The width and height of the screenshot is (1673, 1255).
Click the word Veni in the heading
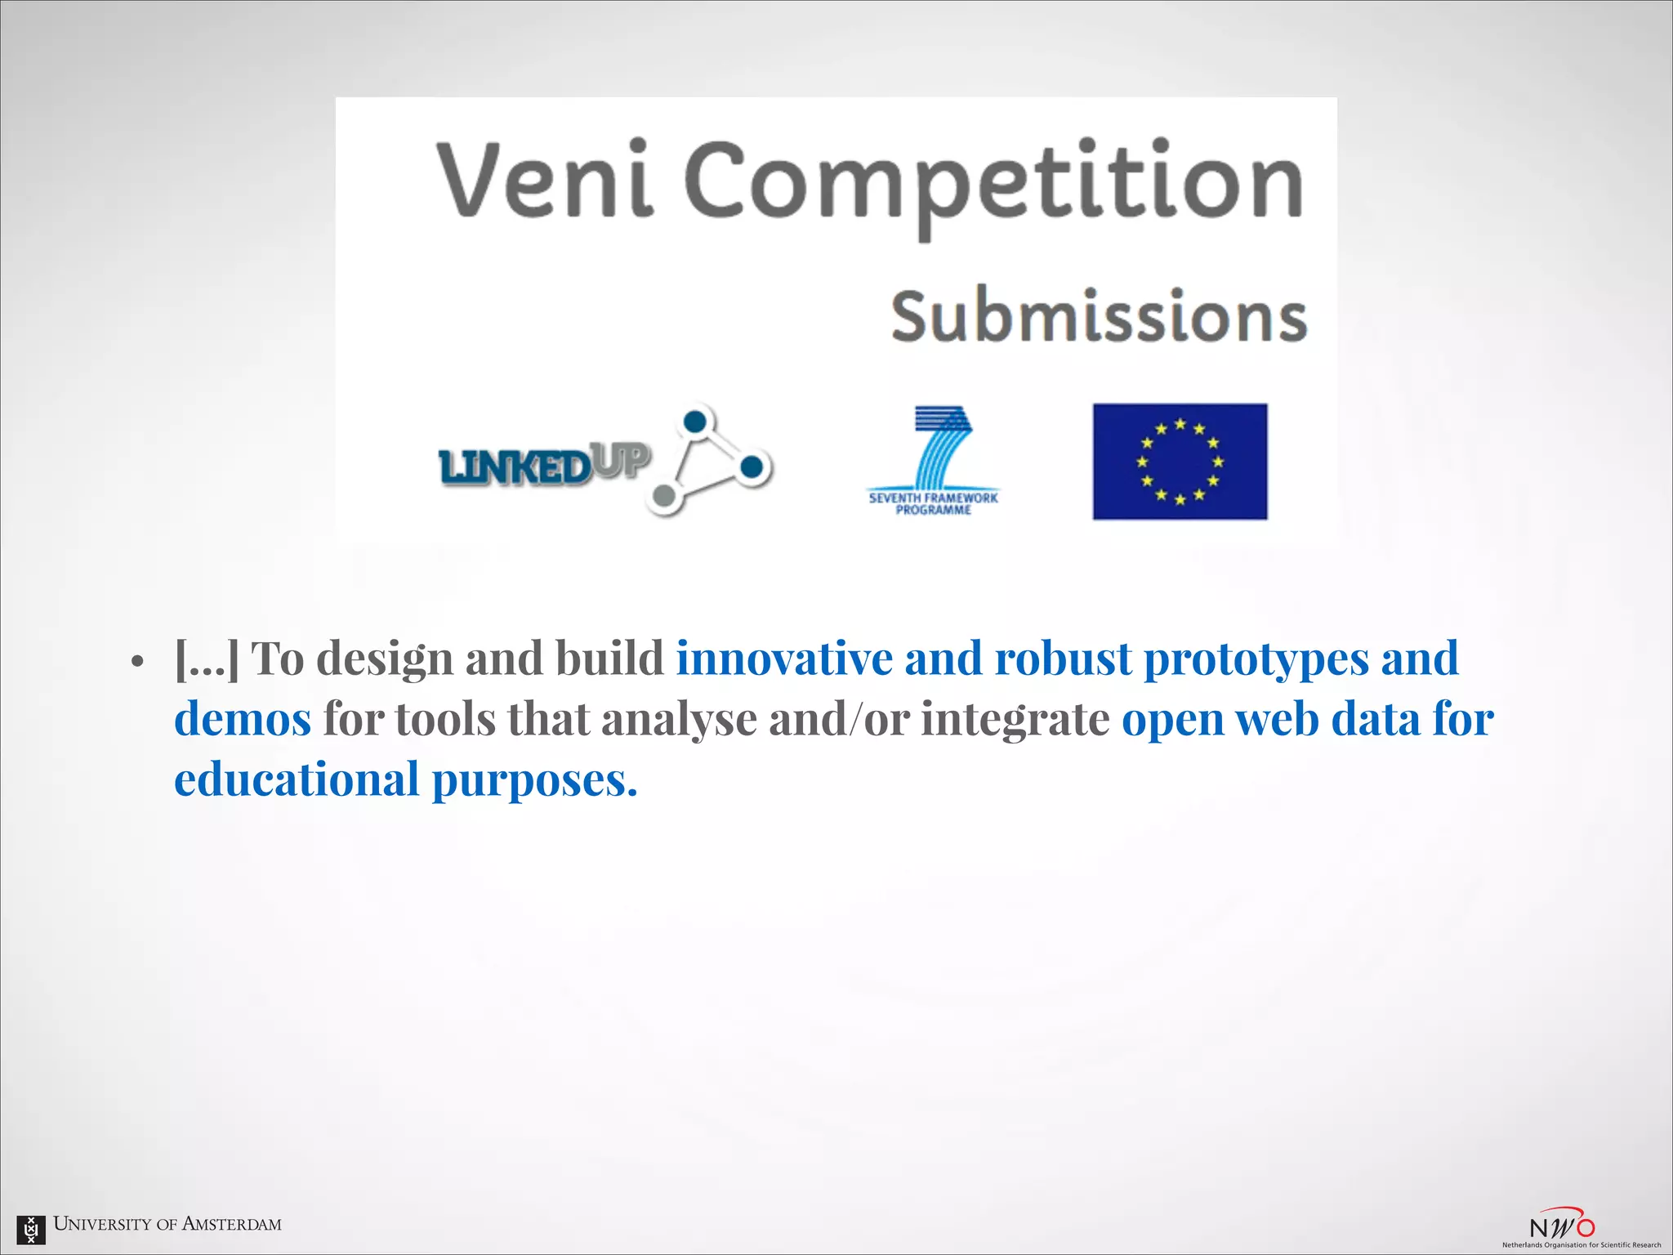[545, 180]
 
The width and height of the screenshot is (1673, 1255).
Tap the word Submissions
[1099, 317]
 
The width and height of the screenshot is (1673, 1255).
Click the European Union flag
[1180, 461]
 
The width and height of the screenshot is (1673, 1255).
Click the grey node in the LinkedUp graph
[665, 495]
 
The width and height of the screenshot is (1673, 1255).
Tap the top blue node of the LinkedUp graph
[694, 422]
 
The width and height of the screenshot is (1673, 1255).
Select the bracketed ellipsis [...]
[207, 659]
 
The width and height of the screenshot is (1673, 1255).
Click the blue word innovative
[783, 659]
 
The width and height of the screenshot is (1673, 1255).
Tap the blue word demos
[243, 719]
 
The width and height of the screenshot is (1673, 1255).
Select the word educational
[297, 779]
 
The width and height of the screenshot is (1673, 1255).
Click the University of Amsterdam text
[167, 1224]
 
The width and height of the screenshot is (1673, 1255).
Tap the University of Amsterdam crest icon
[31, 1228]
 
